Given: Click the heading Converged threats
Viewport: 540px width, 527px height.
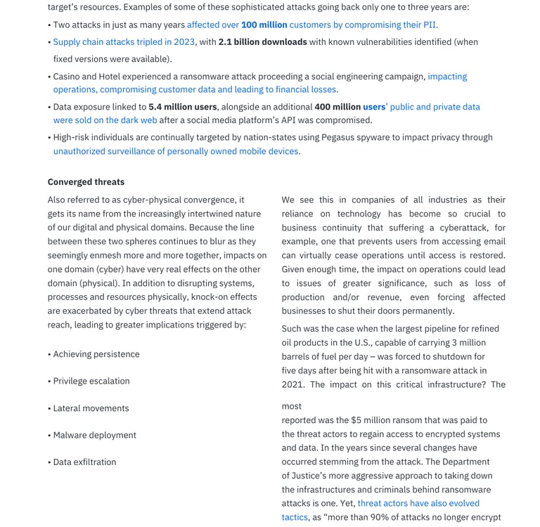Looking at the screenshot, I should (x=86, y=182).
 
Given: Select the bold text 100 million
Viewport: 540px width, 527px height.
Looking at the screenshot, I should (x=264, y=25).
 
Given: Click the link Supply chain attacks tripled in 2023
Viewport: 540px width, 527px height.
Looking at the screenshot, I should (x=124, y=42).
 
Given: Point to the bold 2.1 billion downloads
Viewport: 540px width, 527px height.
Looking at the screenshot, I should (x=262, y=42).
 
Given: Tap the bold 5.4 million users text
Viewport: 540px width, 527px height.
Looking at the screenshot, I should (x=182, y=107).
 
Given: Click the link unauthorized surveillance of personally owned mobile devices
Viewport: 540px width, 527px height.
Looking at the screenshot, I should (x=176, y=151).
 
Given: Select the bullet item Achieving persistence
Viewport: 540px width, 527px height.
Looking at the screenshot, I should (x=96, y=354).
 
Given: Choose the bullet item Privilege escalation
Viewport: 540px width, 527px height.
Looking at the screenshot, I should (x=91, y=381).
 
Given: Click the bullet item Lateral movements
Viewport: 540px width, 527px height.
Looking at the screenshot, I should (x=91, y=408).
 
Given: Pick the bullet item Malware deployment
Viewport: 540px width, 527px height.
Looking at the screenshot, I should (x=95, y=435).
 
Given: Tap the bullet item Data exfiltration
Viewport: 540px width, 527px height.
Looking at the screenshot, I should (x=84, y=462).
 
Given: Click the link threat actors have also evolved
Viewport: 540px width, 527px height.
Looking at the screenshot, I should (x=418, y=503).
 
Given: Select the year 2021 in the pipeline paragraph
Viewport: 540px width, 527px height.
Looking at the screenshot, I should (x=293, y=384).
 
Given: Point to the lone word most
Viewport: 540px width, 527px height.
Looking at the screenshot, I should (x=291, y=406).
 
